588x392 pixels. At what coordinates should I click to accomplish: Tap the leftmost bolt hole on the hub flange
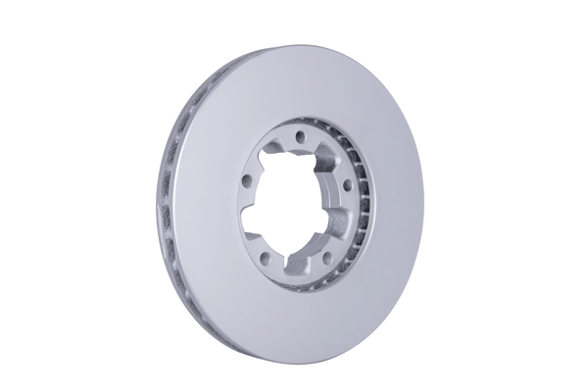click(246, 178)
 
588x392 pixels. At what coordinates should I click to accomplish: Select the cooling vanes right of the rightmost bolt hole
click(363, 196)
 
